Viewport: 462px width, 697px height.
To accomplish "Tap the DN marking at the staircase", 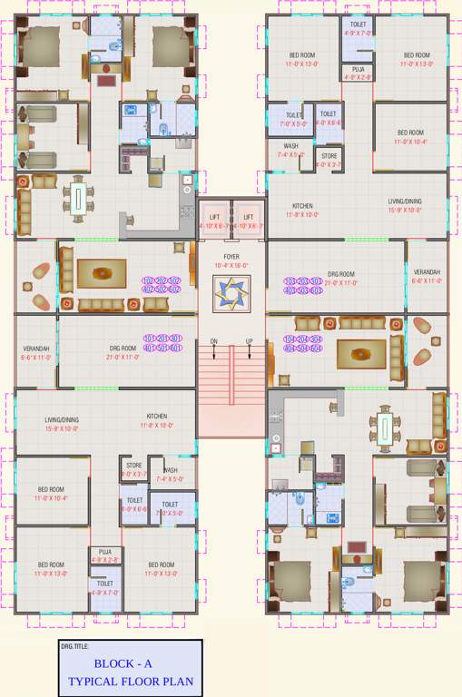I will point(214,341).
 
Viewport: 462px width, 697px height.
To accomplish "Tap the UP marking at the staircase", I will point(249,341).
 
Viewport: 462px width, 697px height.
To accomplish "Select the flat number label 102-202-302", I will point(162,281).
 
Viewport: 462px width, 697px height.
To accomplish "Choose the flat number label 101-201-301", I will point(162,339).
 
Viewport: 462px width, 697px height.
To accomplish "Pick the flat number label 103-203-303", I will point(303,281).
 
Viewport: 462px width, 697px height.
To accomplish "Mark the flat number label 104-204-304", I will point(303,339).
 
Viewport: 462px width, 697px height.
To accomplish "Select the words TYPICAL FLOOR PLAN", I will point(131,680).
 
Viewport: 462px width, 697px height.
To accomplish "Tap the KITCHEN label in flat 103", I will point(302,206).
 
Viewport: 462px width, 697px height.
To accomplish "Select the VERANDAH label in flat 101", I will point(36,348).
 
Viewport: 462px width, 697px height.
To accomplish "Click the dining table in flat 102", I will point(79,198).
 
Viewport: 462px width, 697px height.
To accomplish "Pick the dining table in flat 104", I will point(385,425).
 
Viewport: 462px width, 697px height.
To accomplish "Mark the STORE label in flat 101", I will point(133,466).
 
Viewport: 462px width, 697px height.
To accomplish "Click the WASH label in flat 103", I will point(290,145).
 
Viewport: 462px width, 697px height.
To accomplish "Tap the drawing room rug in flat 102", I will point(101,271).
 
